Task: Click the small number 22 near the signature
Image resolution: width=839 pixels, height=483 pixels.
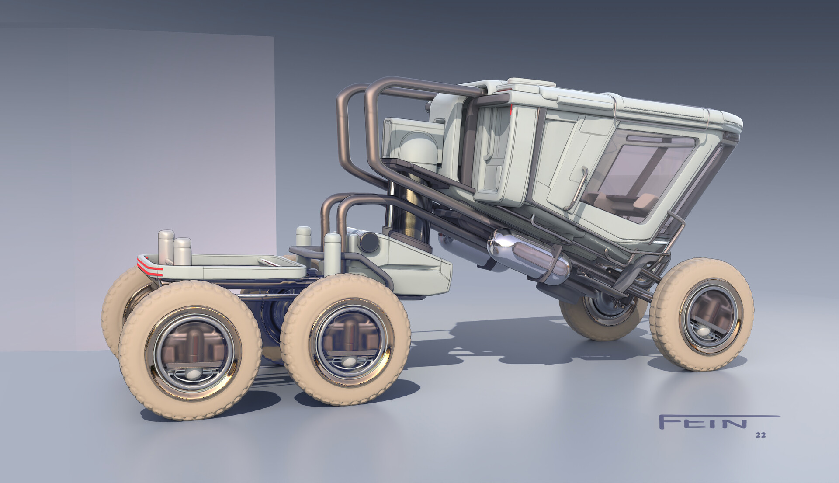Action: point(760,435)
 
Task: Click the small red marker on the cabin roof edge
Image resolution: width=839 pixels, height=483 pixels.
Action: point(510,111)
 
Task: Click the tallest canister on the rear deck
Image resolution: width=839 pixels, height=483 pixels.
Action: point(166,247)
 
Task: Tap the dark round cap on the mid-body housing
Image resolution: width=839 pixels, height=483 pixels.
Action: point(369,242)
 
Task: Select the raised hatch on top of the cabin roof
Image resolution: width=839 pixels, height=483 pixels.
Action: point(524,83)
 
